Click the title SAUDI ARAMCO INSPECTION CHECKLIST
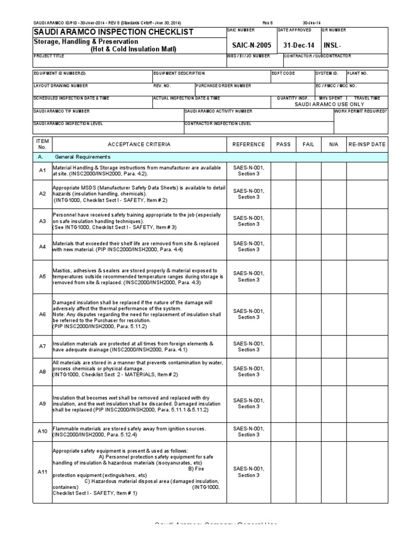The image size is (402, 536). pos(106,32)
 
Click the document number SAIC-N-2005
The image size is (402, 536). pos(249,45)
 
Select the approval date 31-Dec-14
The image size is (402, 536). pos(298,45)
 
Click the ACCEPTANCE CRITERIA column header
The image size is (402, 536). pos(139,144)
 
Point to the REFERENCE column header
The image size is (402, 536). pos(249,144)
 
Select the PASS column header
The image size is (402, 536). pos(283,144)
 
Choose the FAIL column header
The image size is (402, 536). pos(308,144)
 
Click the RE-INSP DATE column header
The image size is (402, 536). pos(367,144)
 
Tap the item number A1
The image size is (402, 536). pos(42,171)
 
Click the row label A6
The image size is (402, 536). pos(42,314)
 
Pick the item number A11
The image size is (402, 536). pos(42,472)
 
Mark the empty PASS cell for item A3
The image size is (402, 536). pos(283,221)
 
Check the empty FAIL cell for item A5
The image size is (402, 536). pos(308,276)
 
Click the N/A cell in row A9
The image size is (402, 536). pos(334,404)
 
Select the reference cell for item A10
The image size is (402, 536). pos(249,432)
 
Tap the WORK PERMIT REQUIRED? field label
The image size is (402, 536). pos(361,111)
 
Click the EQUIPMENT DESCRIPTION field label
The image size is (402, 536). pos(179,73)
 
